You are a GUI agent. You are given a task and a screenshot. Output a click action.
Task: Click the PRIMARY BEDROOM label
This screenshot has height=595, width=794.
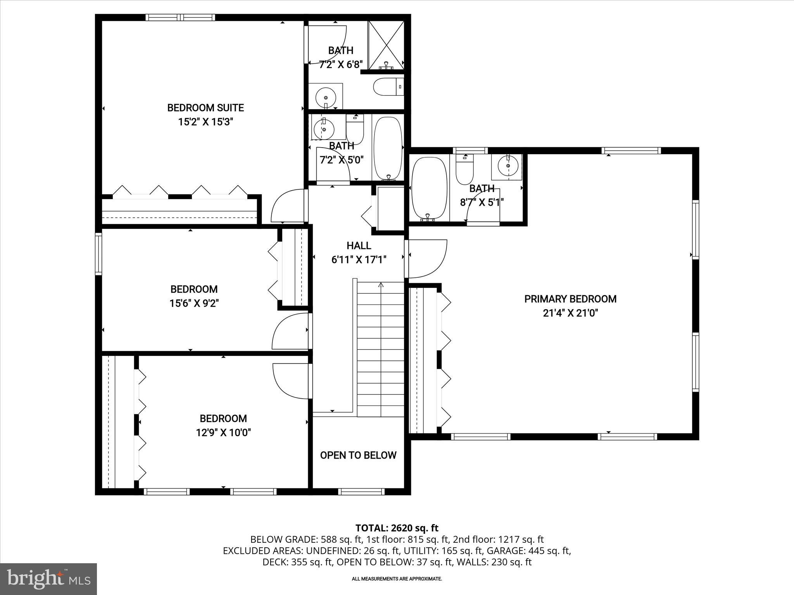(x=570, y=299)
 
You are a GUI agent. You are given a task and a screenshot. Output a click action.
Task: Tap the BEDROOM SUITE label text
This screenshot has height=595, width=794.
(x=205, y=108)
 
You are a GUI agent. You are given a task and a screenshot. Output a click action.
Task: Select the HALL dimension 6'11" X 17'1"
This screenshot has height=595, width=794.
(x=359, y=260)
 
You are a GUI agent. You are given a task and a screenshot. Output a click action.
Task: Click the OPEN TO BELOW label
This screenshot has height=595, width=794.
(x=358, y=455)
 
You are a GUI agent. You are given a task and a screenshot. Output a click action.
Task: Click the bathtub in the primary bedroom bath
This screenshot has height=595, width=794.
(x=428, y=189)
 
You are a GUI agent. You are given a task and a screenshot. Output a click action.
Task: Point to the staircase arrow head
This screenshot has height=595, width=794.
(x=381, y=285)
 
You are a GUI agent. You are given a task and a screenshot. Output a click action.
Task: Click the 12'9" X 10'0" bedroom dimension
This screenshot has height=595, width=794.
(x=223, y=432)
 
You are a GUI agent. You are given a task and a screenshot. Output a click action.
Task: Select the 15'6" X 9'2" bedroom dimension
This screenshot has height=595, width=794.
(x=194, y=303)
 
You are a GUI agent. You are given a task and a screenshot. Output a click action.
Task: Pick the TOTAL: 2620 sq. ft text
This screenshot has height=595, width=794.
(x=397, y=528)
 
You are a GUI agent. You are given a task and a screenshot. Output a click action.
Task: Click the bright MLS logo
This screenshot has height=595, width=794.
(x=48, y=579)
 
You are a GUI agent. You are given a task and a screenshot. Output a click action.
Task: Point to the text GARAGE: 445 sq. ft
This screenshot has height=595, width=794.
(x=528, y=550)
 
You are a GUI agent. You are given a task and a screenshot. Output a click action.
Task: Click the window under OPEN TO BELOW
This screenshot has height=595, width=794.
(x=361, y=492)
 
